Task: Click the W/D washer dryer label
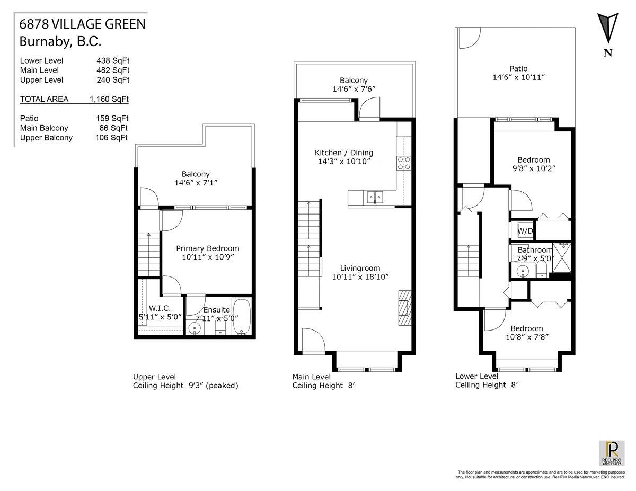[525, 231]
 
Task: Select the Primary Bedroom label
[207, 248]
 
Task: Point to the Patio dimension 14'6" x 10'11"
[518, 77]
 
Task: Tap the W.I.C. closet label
[159, 308]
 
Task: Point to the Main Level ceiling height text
[323, 386]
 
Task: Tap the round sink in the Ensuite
[195, 328]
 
